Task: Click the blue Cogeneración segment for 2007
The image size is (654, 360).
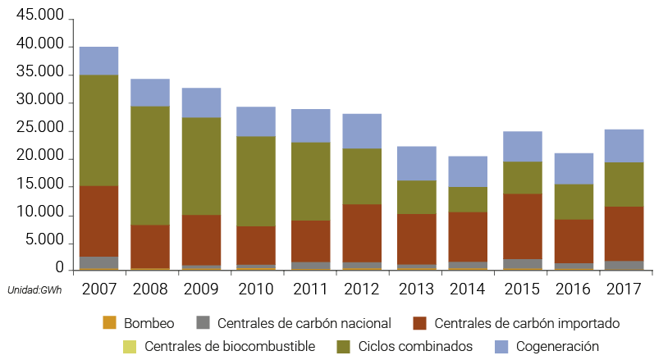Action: pos(98,61)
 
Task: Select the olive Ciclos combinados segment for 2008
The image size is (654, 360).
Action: pos(150,165)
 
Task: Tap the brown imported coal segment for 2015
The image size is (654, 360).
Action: pos(523,226)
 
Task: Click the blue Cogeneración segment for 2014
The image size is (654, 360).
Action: pos(468,171)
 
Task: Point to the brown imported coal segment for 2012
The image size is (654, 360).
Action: pos(362,233)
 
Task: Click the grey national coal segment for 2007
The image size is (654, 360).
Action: pos(98,262)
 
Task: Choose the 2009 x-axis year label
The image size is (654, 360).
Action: pos(202,289)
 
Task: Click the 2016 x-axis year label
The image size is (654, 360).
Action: pos(573,289)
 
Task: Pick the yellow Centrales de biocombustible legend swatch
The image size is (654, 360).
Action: pos(130,346)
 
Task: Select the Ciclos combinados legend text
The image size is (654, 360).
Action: pos(415,346)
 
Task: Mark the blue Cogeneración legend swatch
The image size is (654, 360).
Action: pos(502,346)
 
